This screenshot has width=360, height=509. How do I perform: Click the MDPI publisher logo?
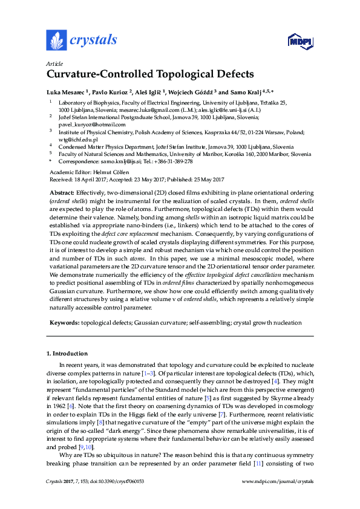tap(301, 41)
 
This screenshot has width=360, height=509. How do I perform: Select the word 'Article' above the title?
tap(53, 63)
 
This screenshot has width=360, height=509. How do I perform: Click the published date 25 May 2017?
tap(204, 179)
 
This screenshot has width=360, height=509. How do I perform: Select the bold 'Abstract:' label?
tap(62, 192)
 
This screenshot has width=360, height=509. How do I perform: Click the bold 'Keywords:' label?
tap(64, 323)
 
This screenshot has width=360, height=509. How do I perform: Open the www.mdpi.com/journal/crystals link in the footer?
tap(277, 481)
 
